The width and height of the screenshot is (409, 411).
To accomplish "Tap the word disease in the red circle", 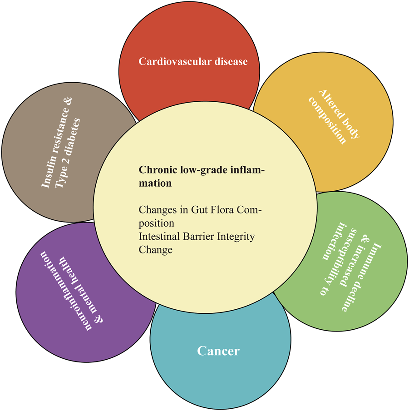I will (229, 61).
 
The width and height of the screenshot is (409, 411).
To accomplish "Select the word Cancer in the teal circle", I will (218, 351).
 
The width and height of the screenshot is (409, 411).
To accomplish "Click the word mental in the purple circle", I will (89, 302).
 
